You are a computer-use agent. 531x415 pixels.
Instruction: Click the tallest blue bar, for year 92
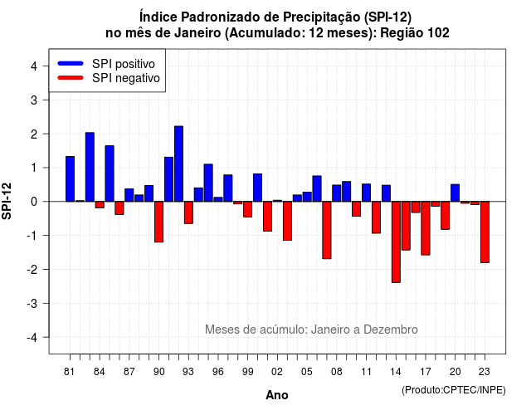click(179, 164)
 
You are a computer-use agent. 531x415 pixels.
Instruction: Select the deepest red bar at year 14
click(396, 242)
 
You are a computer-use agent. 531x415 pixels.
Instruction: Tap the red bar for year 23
click(485, 232)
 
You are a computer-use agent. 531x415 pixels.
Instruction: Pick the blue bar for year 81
click(70, 179)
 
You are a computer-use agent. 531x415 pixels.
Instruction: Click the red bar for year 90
click(158, 222)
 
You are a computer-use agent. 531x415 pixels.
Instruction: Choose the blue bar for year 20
click(455, 193)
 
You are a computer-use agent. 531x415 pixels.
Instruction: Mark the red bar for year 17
click(426, 228)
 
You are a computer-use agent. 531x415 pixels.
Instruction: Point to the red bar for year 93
click(188, 212)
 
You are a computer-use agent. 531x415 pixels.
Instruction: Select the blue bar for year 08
click(337, 193)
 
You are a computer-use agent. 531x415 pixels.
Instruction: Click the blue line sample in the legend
click(71, 63)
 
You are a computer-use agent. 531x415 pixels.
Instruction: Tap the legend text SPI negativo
click(126, 78)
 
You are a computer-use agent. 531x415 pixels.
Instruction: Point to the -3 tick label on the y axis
click(32, 303)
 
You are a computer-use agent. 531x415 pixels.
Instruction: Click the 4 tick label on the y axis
click(34, 66)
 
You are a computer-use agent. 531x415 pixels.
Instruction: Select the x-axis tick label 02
click(277, 372)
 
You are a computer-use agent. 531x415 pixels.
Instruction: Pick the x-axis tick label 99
click(248, 372)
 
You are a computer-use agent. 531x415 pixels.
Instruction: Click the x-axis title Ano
click(277, 395)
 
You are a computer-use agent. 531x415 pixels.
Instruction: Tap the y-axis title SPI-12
click(7, 201)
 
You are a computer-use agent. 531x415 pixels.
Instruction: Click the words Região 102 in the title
click(415, 33)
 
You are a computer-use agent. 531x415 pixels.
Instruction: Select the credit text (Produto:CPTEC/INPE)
click(454, 390)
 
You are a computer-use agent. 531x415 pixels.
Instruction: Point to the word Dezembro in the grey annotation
click(391, 330)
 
